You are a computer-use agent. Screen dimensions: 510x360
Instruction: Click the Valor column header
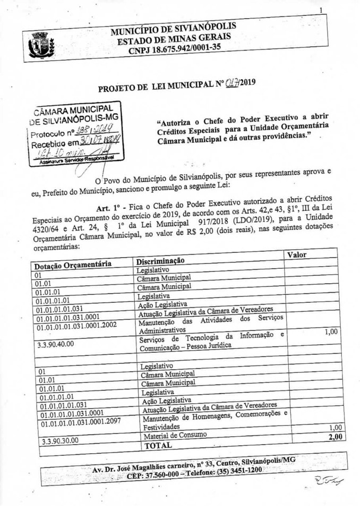[297, 254]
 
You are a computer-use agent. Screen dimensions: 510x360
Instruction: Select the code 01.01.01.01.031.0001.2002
[76, 326]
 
